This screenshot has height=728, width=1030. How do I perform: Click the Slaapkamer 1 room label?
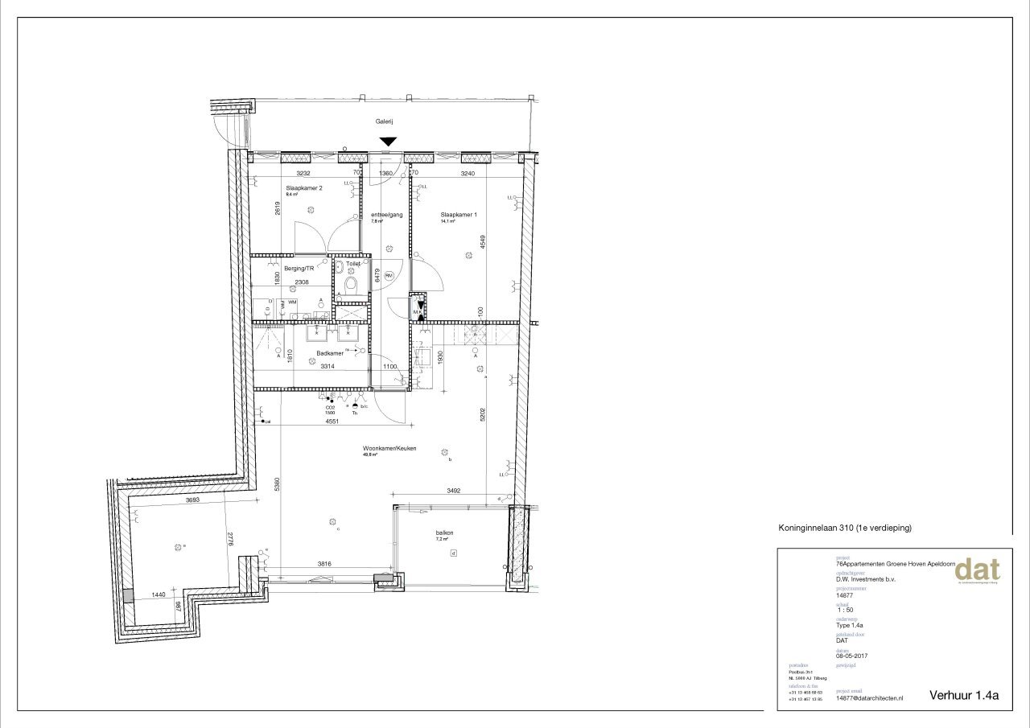click(x=459, y=215)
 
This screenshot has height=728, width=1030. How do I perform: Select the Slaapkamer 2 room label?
click(x=303, y=187)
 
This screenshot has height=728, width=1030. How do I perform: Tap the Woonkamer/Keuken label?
click(x=389, y=448)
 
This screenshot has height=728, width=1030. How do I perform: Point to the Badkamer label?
click(x=330, y=353)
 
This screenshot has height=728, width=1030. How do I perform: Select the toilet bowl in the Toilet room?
click(x=351, y=286)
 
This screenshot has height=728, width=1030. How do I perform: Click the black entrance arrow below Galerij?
click(x=388, y=142)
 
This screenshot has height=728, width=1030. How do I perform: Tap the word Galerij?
click(x=384, y=121)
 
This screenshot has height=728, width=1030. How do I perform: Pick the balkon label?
click(x=445, y=533)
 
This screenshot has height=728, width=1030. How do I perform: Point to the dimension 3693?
click(x=192, y=500)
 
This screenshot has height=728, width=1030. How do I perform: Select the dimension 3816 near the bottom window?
click(x=325, y=564)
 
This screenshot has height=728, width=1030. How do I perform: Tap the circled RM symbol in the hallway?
click(x=389, y=275)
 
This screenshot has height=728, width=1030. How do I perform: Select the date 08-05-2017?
click(x=854, y=656)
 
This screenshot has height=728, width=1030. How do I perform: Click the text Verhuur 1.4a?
click(x=963, y=696)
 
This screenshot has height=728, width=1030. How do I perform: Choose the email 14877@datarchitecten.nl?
click(x=869, y=698)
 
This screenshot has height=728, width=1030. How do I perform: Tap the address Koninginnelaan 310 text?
click(x=844, y=529)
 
